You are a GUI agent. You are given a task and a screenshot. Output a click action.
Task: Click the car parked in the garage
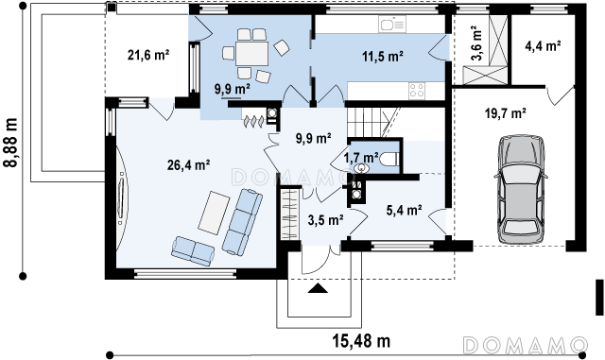point(521,190)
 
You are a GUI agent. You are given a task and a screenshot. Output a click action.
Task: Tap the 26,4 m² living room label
point(189,165)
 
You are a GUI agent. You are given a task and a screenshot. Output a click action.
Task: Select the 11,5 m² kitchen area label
point(383,57)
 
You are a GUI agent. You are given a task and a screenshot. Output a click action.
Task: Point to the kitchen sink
point(392,26)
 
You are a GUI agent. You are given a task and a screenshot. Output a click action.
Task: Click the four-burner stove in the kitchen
point(417,91)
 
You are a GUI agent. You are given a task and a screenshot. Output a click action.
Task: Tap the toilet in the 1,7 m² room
point(389,159)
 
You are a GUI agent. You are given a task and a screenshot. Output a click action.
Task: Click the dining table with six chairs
point(252,53)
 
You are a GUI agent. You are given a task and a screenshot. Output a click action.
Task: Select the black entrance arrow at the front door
point(318,288)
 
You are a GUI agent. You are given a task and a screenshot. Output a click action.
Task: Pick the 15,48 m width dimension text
point(361,340)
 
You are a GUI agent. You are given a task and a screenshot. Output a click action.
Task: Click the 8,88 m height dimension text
point(11,142)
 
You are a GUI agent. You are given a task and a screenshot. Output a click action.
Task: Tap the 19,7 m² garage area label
point(506,113)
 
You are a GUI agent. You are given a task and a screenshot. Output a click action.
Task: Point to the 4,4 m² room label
point(543,46)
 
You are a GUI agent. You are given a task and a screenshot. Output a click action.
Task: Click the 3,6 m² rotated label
point(476,43)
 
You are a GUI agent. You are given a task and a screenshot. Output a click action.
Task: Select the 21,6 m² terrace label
point(148,55)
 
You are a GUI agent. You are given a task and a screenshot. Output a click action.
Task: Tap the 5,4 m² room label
point(404,210)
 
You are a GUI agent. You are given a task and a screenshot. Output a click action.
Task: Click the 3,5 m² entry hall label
point(326,220)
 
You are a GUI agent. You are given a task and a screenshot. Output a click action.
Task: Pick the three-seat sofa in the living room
point(242,221)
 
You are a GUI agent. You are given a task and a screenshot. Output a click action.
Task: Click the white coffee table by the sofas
point(215,213)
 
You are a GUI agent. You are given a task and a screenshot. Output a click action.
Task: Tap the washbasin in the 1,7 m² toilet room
point(362,167)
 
